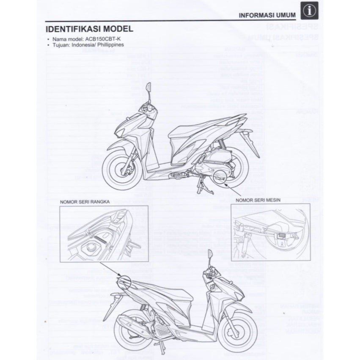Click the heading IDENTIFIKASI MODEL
tap(88, 29)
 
